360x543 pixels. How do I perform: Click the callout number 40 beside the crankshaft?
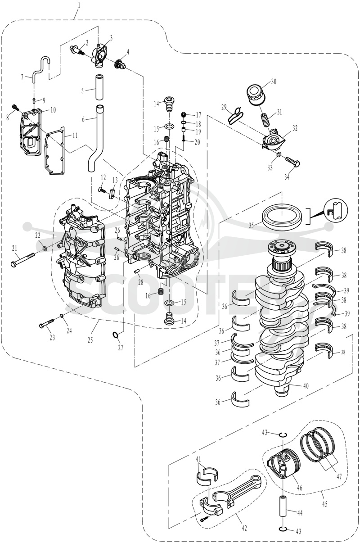pos(306,386)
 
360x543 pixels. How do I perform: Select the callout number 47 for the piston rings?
pos(339,476)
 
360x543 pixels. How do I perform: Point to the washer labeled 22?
pos(45,248)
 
